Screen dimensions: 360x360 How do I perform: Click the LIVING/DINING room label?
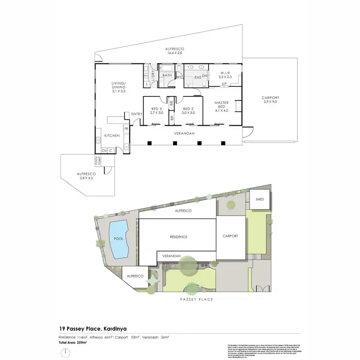[x=118, y=87]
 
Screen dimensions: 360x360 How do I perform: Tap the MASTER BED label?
[x=222, y=105]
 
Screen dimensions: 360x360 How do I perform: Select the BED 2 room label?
[x=188, y=110]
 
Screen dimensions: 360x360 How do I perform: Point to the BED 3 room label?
[x=156, y=110]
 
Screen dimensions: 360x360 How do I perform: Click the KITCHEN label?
[x=111, y=136]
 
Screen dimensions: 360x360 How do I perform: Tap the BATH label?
[x=167, y=75]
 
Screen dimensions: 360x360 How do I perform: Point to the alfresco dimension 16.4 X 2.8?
[x=175, y=53]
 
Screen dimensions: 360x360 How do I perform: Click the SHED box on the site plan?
[x=260, y=199]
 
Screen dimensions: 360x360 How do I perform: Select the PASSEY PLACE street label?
[x=197, y=299]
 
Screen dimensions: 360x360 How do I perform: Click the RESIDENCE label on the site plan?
[x=178, y=237]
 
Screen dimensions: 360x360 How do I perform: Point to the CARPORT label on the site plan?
[x=233, y=236]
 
